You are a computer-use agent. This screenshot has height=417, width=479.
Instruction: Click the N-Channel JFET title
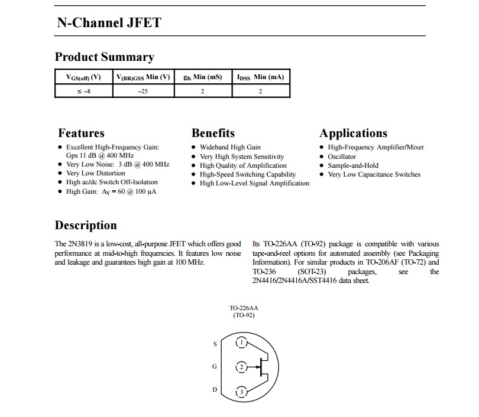[109, 23]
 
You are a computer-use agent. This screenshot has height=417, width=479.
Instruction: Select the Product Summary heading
[104, 57]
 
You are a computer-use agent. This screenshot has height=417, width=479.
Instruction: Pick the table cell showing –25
[143, 91]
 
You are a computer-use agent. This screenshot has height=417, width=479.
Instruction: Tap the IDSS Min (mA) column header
[260, 77]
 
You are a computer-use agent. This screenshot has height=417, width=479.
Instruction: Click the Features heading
[81, 133]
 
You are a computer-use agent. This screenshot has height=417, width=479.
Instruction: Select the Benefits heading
[213, 133]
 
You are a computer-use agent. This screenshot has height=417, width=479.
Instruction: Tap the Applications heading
[353, 133]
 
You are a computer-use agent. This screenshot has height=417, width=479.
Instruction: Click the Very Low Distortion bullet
[95, 173]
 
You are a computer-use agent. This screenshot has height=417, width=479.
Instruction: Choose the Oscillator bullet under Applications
[342, 157]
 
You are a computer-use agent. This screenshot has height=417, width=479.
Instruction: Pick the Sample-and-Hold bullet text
[353, 165]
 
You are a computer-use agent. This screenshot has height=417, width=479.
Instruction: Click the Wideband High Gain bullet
[230, 147]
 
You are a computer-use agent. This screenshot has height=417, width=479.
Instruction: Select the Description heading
[86, 225]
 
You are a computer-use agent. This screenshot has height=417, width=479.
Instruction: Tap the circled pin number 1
[241, 343]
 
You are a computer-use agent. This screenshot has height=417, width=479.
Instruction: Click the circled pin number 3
[241, 392]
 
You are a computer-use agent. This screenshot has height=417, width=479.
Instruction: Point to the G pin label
[215, 366]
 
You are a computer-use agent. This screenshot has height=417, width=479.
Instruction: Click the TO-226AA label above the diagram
[244, 308]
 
